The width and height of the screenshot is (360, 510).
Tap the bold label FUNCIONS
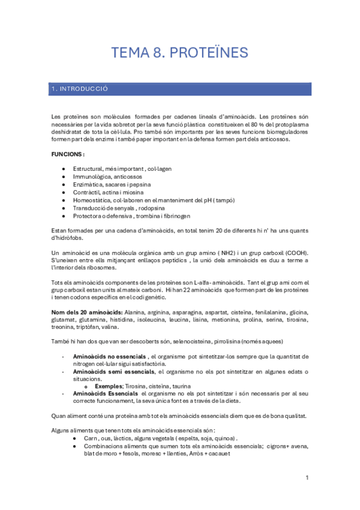coord(68,155)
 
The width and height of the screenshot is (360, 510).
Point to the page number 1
coord(307,478)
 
